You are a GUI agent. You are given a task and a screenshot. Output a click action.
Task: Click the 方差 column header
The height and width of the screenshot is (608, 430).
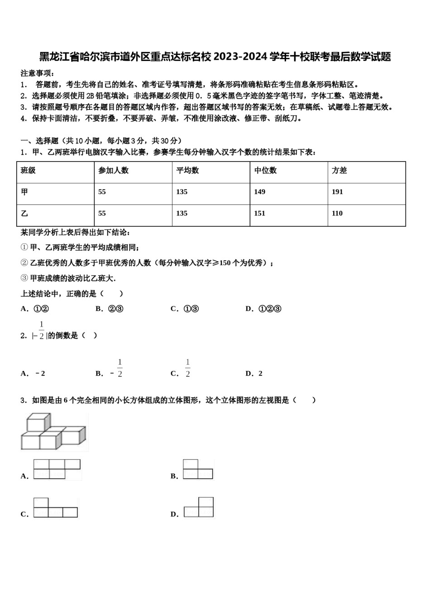(x=339, y=171)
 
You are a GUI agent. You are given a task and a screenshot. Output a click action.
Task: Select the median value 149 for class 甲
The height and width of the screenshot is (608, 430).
(x=259, y=192)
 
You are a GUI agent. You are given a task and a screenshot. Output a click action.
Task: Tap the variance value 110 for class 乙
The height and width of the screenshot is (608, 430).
(x=337, y=214)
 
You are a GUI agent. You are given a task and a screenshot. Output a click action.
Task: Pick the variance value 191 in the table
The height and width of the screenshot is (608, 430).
(x=337, y=192)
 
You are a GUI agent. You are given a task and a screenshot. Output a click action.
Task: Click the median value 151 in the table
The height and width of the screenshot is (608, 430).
(x=259, y=214)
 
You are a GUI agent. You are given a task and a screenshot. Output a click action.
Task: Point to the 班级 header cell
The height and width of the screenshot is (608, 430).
(x=28, y=171)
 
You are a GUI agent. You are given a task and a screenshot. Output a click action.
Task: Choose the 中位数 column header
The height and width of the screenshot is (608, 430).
(x=265, y=171)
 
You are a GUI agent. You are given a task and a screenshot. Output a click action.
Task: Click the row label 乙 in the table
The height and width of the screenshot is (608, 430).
(x=24, y=214)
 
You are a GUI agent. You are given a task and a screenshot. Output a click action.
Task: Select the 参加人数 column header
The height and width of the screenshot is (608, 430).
(x=113, y=171)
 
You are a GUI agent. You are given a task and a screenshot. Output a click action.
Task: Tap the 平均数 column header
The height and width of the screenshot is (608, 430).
(x=187, y=171)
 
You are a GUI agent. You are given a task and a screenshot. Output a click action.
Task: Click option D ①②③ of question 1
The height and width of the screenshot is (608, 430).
(x=263, y=309)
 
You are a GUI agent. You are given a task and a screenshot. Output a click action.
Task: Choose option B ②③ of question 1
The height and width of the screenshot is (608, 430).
(x=110, y=309)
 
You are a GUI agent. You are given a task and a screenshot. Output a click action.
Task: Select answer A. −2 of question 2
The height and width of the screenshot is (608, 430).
(x=33, y=374)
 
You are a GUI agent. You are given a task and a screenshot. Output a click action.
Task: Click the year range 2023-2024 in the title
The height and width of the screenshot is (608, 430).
(x=240, y=57)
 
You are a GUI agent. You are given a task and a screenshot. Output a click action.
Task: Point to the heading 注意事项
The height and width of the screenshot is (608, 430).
(x=38, y=73)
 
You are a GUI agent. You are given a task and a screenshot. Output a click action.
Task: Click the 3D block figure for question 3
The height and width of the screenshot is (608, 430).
(x=53, y=432)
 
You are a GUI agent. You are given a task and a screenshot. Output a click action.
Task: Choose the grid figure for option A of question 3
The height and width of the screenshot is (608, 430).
(x=57, y=469)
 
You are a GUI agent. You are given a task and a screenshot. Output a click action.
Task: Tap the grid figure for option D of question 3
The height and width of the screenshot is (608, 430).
(x=199, y=507)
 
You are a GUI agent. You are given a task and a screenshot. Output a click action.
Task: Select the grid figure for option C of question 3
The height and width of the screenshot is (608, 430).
(x=55, y=508)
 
